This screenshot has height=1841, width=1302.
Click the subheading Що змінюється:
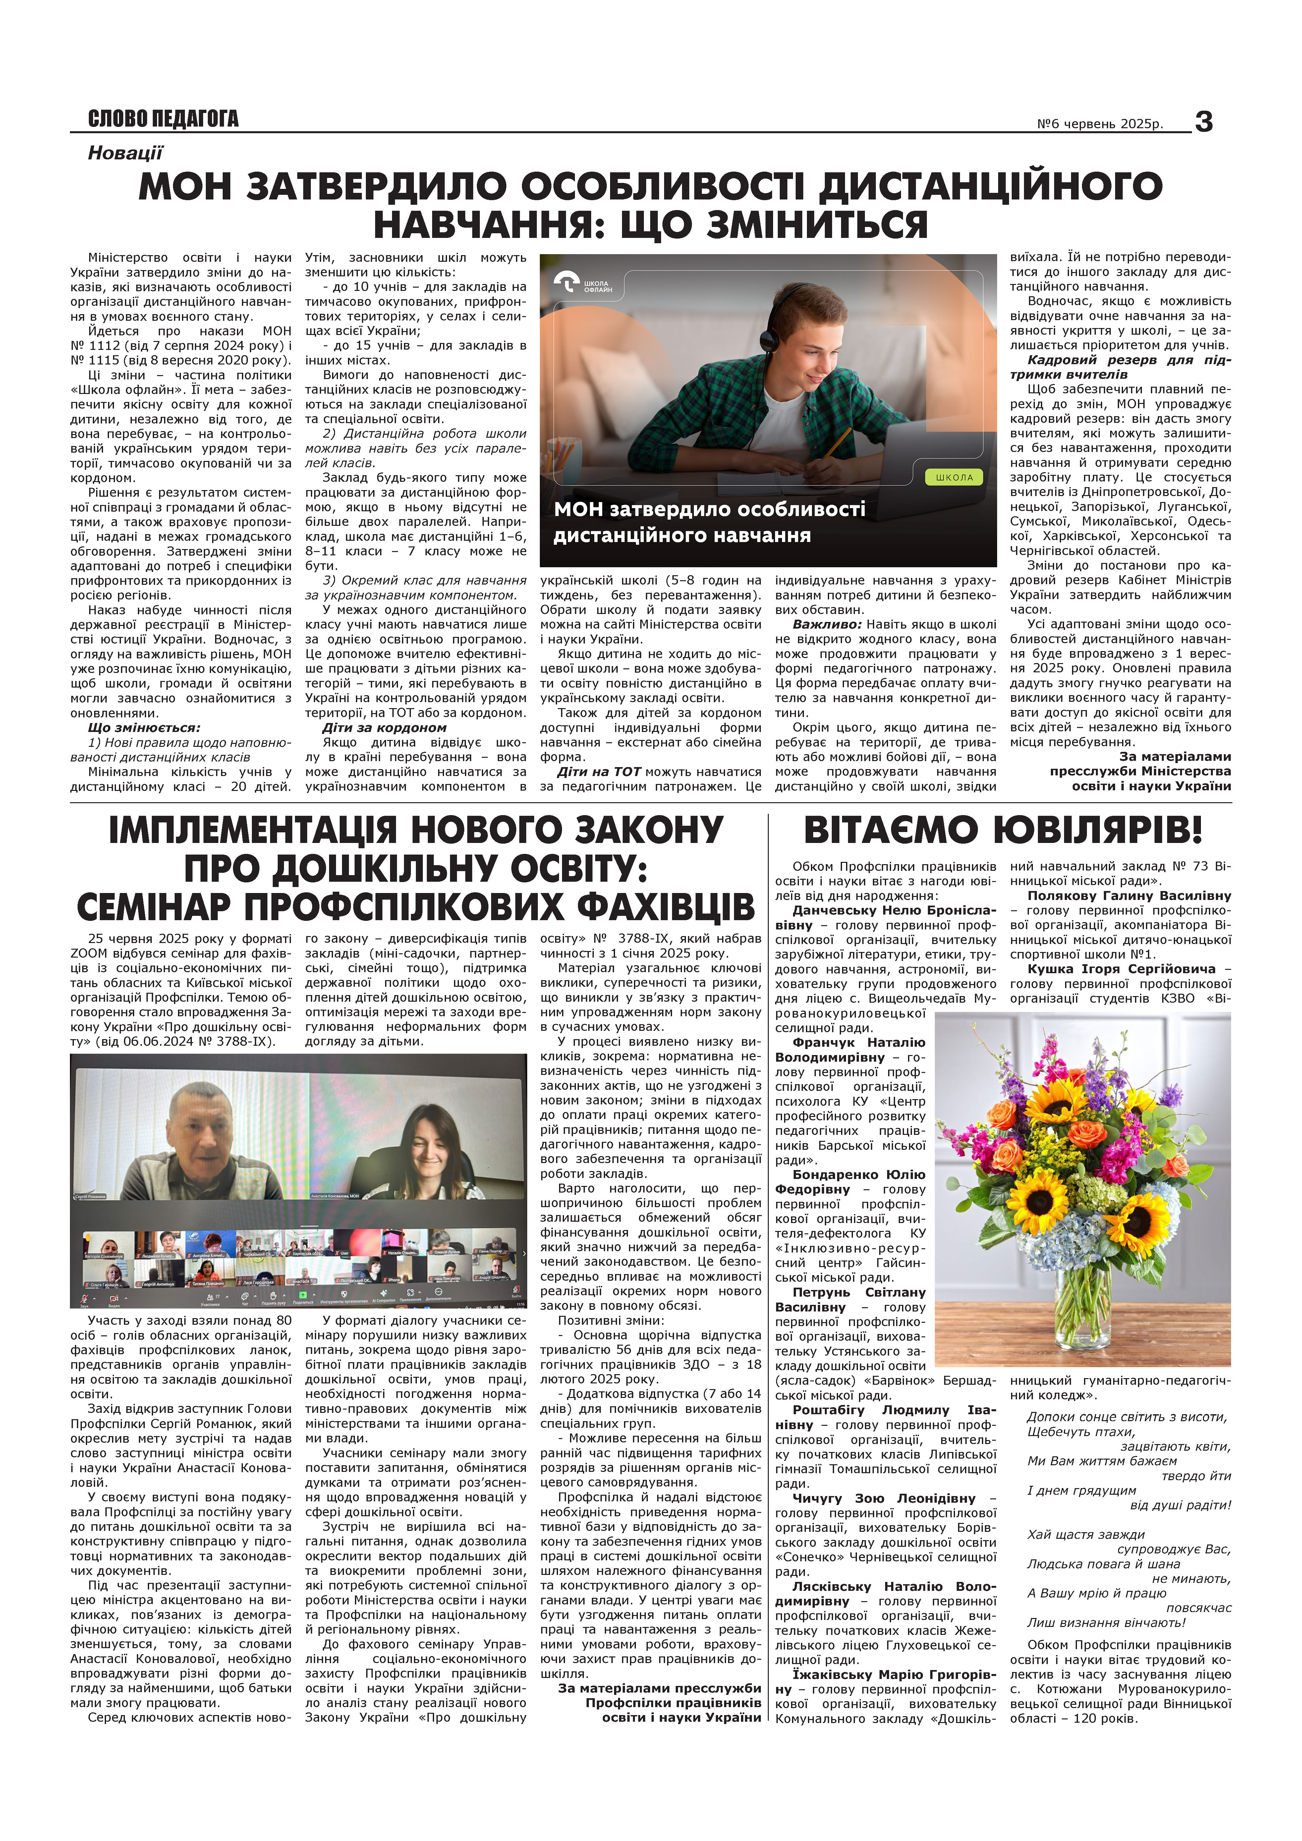pos(143,727)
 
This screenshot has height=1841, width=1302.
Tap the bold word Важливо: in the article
pos(826,624)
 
